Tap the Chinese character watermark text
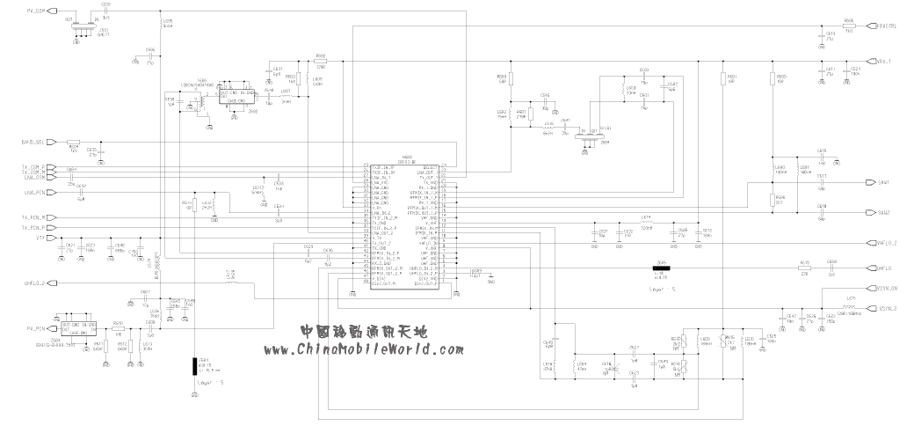(x=363, y=333)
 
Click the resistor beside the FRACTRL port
(x=849, y=26)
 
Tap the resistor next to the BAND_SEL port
(x=73, y=142)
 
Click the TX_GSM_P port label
(x=33, y=165)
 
